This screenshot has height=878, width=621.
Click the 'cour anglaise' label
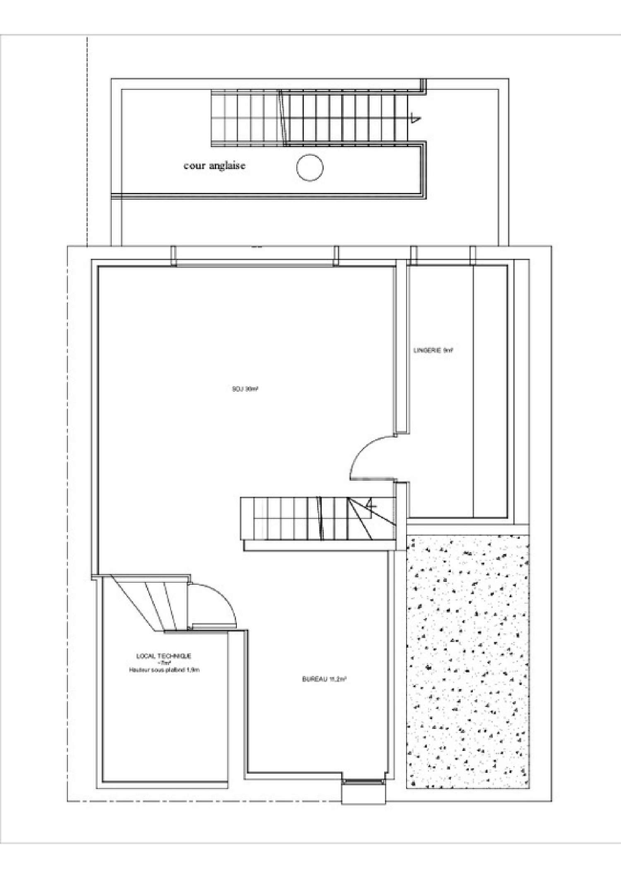(x=214, y=166)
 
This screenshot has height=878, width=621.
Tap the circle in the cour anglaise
(x=310, y=167)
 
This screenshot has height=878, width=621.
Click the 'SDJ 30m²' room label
(x=246, y=389)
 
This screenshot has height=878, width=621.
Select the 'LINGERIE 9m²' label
(x=433, y=350)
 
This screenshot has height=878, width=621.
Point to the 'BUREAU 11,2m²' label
(x=324, y=680)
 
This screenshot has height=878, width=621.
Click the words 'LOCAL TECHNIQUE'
(x=164, y=656)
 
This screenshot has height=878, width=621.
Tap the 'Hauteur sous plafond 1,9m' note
(x=164, y=670)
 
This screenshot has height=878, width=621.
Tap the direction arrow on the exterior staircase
(x=414, y=120)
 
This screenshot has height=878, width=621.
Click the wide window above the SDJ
(x=255, y=263)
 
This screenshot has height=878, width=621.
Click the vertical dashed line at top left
(x=87, y=141)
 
